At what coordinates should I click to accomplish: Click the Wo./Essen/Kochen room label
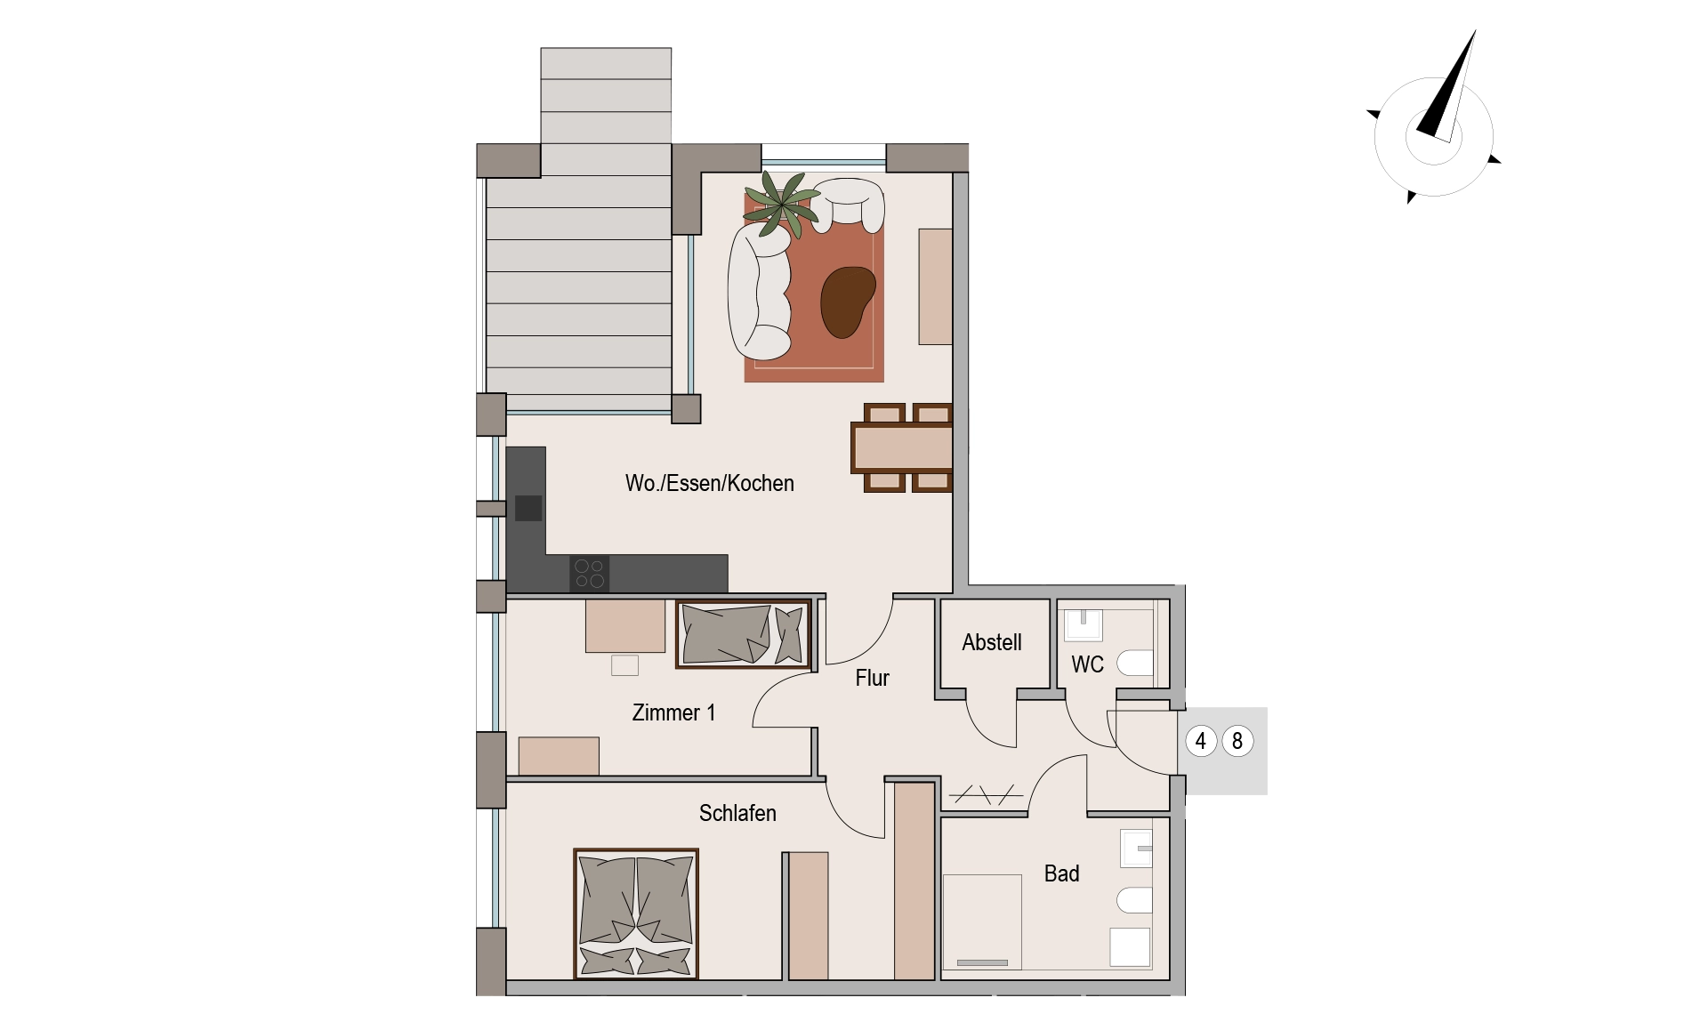coord(709,483)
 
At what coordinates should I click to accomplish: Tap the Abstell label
coord(991,642)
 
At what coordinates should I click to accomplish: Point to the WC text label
coord(1087,664)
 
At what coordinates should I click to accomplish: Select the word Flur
coord(872,678)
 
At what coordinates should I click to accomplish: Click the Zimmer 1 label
coord(673,712)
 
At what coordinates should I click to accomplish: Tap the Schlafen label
coord(737,813)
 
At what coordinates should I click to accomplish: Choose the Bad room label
coord(1061,873)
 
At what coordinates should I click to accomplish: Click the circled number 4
coord(1201,741)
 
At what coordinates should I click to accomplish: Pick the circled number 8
coord(1237,741)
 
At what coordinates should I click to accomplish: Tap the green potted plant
coord(782,204)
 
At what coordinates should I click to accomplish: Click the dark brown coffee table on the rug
coord(848,302)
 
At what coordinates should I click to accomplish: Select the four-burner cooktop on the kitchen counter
coord(589,574)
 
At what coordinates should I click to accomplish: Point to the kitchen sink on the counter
coord(528,508)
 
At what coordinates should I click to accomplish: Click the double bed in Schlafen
coord(636,913)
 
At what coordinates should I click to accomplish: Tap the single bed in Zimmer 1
coord(744,634)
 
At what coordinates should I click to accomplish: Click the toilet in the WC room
coord(1134,664)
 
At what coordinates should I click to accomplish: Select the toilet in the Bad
coord(1134,901)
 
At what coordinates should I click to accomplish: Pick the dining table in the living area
coord(902,447)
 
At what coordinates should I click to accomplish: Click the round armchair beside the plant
coord(848,203)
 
